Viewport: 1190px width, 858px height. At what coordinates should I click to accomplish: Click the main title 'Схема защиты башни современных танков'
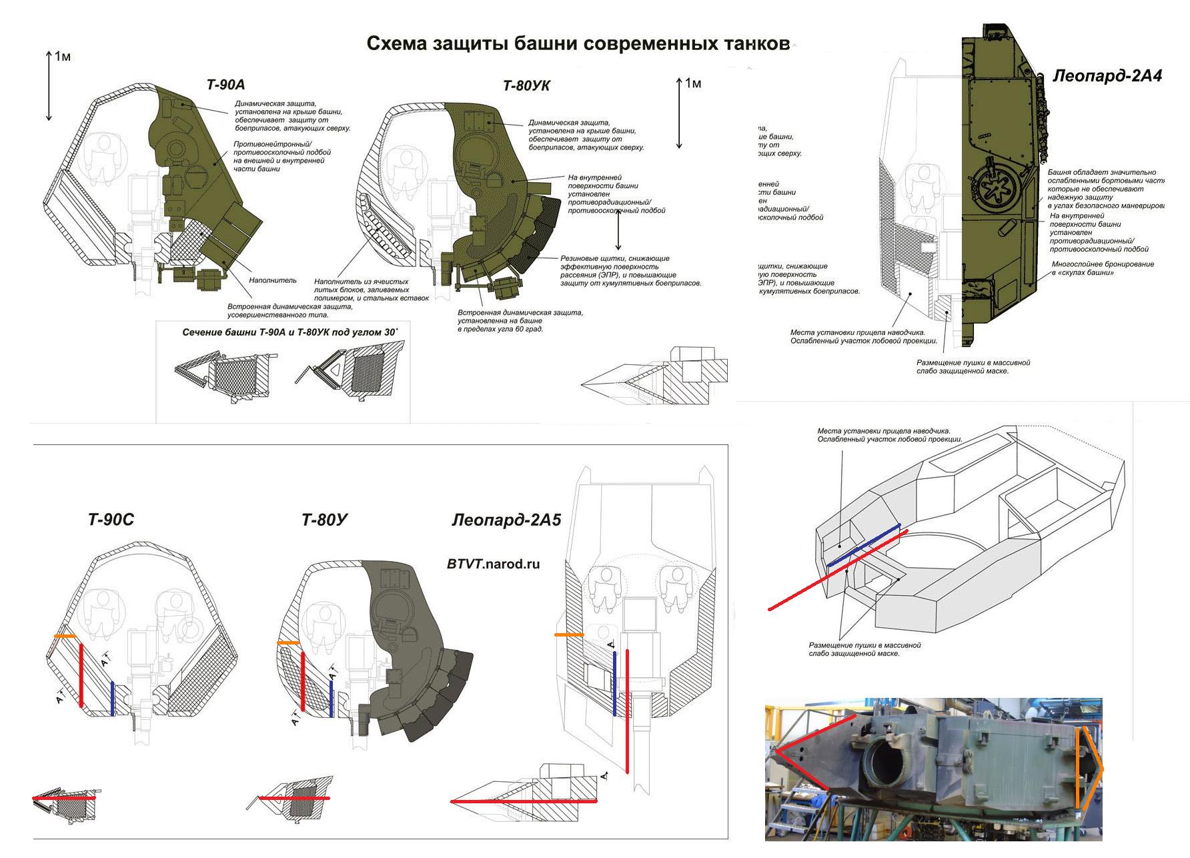tap(578, 44)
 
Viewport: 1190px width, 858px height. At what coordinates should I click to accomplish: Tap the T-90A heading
tap(225, 85)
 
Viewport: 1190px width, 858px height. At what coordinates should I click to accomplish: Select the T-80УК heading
tap(526, 86)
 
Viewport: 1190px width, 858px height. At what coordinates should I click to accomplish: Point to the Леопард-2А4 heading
tap(1107, 76)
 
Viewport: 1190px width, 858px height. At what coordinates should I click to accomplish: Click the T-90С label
tap(111, 520)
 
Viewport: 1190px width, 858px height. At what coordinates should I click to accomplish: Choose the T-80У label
tap(325, 520)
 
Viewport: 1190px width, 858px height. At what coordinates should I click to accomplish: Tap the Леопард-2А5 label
tap(506, 520)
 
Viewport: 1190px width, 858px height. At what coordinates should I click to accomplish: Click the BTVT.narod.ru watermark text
tap(493, 564)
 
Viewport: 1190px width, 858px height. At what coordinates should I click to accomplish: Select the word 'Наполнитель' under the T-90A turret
tap(273, 281)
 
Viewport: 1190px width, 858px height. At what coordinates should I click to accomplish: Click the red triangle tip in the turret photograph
tap(776, 752)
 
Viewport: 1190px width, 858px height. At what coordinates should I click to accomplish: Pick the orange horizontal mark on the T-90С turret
tap(65, 636)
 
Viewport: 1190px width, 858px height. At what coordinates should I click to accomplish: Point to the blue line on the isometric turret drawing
tap(864, 545)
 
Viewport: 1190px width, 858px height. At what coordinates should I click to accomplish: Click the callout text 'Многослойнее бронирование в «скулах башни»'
tap(1103, 268)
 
